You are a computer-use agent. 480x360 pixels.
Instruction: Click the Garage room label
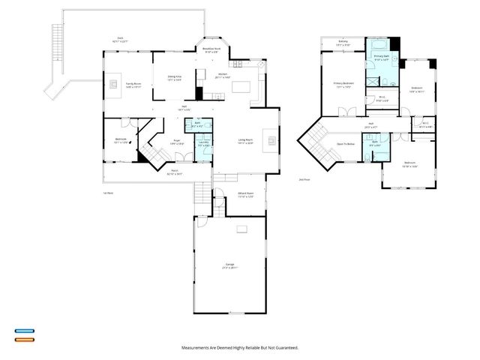pos(229,265)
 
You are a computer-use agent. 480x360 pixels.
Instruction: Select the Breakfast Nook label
pos(211,49)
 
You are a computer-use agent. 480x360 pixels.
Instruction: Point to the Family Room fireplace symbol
pos(115,83)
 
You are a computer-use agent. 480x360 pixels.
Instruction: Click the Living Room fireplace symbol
pos(272,139)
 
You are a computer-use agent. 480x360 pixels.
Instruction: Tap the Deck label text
pos(119,39)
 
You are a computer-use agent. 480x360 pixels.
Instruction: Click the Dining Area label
pos(175,77)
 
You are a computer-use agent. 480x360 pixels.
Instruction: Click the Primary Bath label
pos(380,57)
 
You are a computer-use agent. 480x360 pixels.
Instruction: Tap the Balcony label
pos(343,43)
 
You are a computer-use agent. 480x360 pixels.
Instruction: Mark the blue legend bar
pos(25,330)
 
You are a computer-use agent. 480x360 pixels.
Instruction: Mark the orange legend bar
pos(25,340)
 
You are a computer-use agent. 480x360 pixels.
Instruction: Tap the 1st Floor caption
pos(108,193)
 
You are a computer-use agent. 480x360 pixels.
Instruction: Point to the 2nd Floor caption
pos(304,180)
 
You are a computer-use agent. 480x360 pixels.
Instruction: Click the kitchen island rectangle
pos(241,86)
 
